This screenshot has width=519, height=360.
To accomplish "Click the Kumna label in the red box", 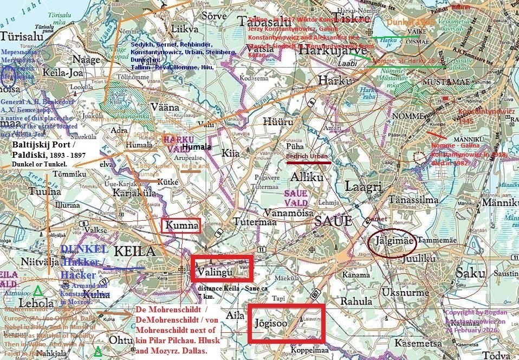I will point(181,226).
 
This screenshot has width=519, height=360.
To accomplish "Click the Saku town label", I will point(470,273).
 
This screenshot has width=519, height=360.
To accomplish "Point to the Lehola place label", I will point(36,303).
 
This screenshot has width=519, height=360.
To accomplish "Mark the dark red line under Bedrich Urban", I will point(308,162).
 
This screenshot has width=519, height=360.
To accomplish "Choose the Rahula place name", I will point(356,301).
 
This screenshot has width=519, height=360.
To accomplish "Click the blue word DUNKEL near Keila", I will point(84,249).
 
